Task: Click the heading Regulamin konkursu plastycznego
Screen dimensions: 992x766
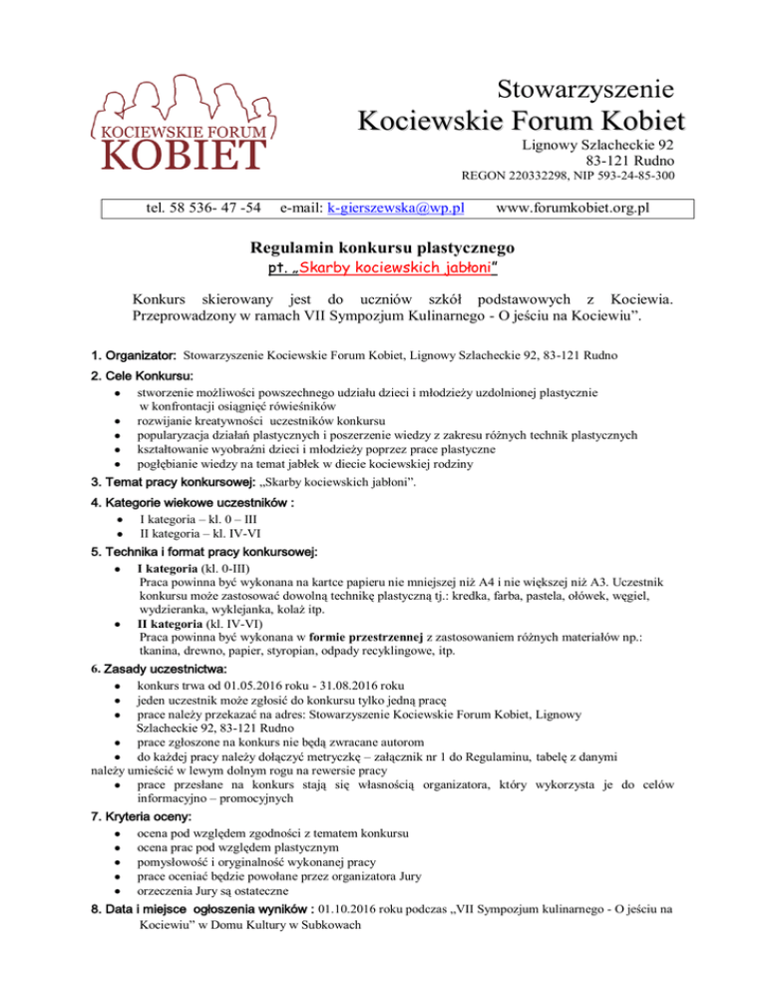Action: [x=382, y=246]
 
